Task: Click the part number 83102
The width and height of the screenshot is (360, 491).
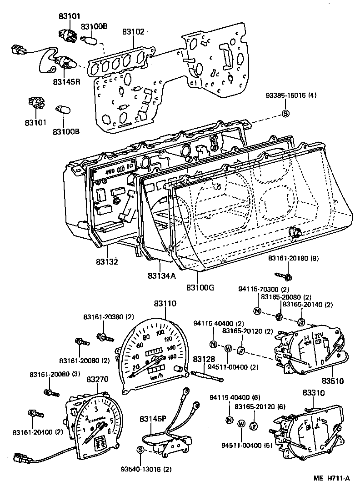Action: [133, 32]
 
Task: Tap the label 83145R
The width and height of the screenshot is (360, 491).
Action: [66, 82]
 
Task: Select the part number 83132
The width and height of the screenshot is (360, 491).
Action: [107, 262]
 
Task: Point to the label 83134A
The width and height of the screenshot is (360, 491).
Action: [161, 276]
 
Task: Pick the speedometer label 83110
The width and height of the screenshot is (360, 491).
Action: [165, 303]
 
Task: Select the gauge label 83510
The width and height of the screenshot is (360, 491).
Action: [333, 381]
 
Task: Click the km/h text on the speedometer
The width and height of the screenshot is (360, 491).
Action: [157, 377]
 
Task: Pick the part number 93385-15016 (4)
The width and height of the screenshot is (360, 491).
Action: [291, 95]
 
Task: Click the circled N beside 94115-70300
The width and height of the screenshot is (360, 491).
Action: [257, 311]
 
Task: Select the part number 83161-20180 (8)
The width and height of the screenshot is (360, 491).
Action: [293, 258]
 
